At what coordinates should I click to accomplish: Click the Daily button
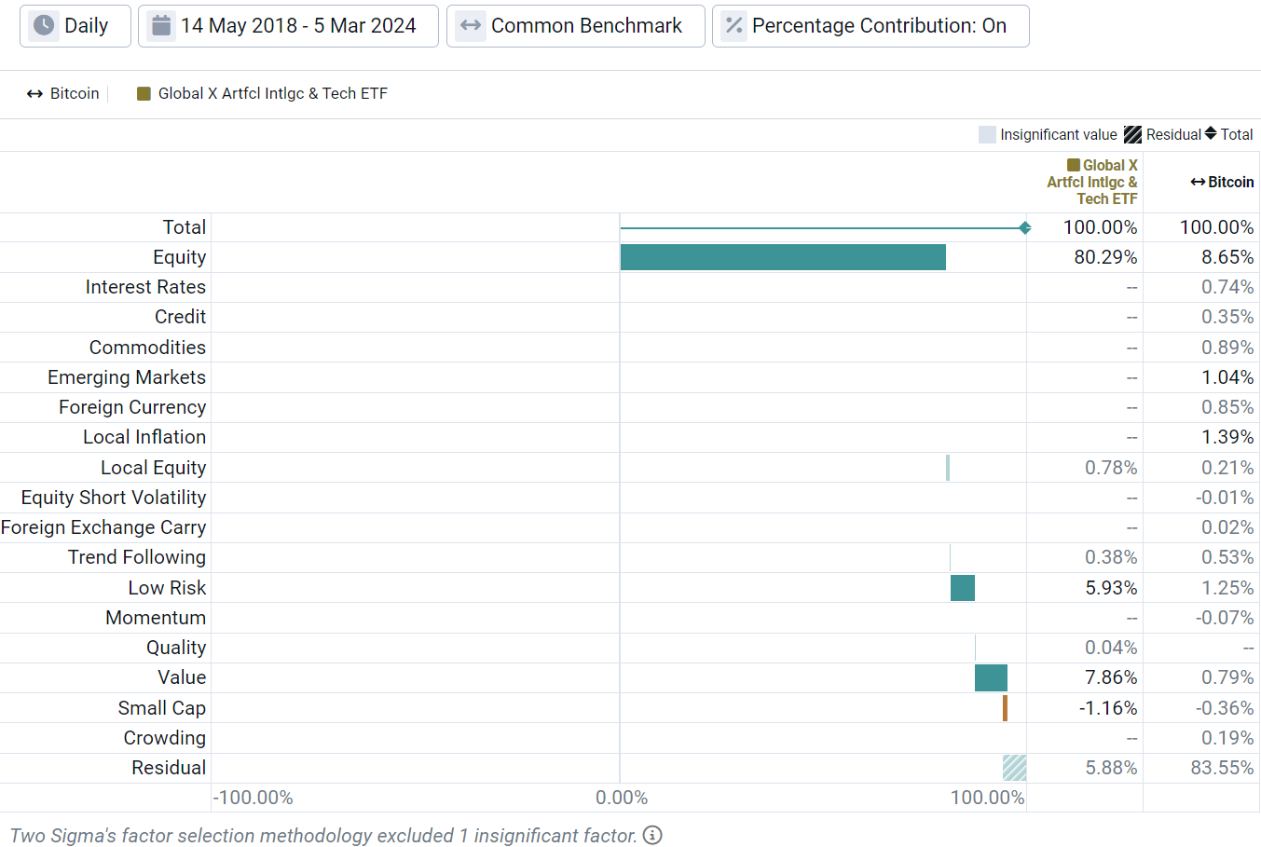tap(75, 26)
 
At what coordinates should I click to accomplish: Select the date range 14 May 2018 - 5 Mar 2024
tap(288, 26)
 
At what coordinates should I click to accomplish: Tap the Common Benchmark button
tap(575, 26)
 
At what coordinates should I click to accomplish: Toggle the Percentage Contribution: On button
tap(870, 26)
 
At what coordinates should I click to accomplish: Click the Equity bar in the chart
tap(783, 257)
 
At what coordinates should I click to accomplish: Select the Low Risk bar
tap(963, 588)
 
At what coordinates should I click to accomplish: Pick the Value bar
tap(991, 677)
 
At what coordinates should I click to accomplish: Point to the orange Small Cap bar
tap(1005, 708)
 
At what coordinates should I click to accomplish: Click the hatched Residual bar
tap(1014, 768)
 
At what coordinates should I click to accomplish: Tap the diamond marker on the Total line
tap(1024, 228)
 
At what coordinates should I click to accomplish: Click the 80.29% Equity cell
tap(1105, 257)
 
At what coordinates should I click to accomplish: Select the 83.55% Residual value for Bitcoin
tap(1222, 768)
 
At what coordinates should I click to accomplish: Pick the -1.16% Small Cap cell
tap(1108, 708)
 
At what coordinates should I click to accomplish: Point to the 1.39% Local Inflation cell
tap(1227, 437)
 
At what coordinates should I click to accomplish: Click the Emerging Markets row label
tap(127, 377)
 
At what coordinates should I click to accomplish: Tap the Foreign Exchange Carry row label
tap(103, 527)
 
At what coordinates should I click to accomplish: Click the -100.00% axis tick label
tap(253, 798)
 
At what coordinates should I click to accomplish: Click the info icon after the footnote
tap(652, 835)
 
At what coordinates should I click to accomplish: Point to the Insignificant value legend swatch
tap(987, 135)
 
